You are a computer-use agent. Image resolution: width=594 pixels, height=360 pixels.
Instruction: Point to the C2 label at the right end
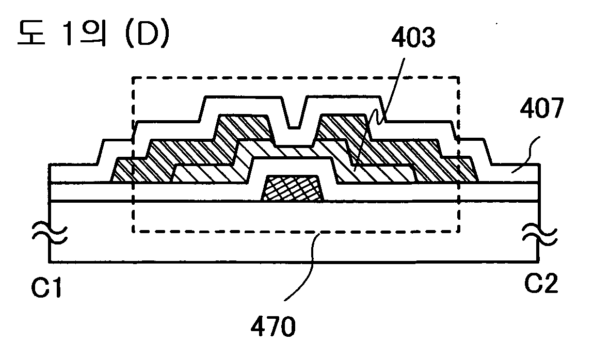click(x=540, y=283)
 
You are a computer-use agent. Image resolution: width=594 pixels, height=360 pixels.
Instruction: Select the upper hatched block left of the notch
click(x=244, y=126)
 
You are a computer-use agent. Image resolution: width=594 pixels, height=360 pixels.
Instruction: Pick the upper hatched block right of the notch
click(x=343, y=126)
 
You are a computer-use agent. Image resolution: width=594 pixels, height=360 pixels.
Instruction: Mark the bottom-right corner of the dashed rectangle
click(x=459, y=232)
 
